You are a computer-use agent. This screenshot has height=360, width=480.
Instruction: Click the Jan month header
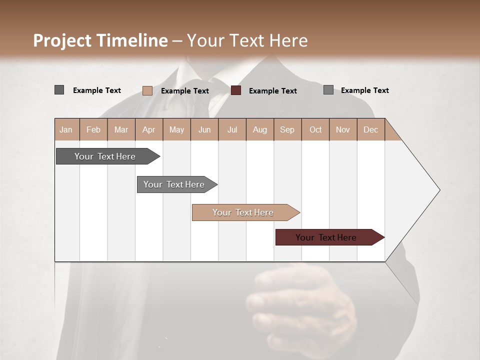[x=66, y=129]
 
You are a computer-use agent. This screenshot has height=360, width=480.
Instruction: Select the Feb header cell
[x=93, y=129]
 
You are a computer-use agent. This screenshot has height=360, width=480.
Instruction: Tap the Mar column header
[x=121, y=129]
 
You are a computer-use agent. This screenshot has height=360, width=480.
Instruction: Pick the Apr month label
[x=149, y=129]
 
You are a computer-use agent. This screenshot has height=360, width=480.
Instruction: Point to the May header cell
[x=176, y=129]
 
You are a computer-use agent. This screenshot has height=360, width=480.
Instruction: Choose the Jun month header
[x=204, y=129]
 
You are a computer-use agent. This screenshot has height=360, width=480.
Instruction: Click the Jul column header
[x=232, y=129]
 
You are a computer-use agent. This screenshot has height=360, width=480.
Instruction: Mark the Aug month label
[x=260, y=129]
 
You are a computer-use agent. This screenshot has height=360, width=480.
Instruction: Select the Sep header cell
[x=287, y=129]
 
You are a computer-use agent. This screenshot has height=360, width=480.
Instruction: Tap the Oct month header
[x=315, y=129]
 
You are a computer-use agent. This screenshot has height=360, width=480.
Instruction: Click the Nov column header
[x=343, y=129]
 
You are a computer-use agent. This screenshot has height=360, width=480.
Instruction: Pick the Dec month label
[x=371, y=129]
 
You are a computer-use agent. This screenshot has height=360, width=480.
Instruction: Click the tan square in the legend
[x=147, y=90]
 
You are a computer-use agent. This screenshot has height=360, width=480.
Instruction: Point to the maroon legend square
[x=236, y=90]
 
